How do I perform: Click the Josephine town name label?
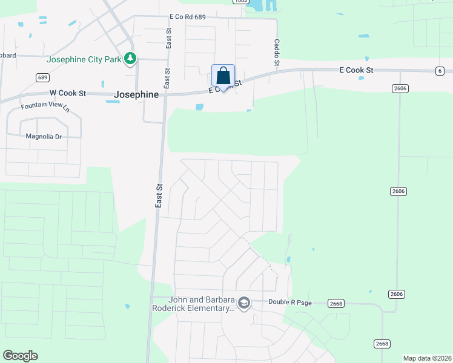point(136,95)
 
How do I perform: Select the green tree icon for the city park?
point(130,59)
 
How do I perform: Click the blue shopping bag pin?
point(223,76)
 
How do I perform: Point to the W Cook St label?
point(68,94)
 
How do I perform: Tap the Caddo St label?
point(276,53)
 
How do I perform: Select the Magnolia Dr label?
point(44,137)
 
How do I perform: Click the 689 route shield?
point(42,77)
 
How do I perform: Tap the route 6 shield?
point(438,71)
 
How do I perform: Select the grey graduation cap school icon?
point(243,302)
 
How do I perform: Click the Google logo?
point(20,356)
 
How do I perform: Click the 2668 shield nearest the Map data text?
point(382,344)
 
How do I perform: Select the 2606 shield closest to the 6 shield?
point(400,88)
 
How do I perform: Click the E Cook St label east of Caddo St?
point(356,70)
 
